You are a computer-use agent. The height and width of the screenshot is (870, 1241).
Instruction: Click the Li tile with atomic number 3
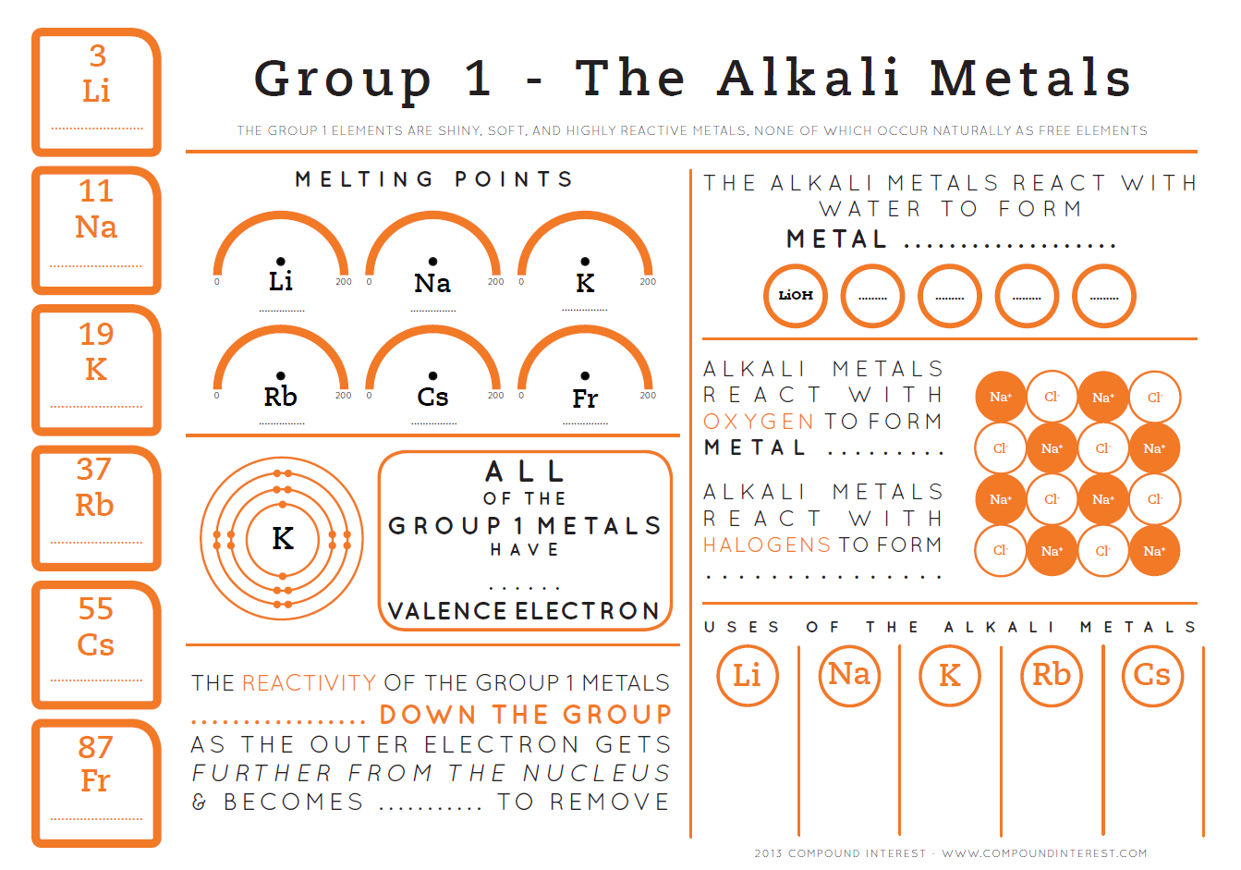(96, 92)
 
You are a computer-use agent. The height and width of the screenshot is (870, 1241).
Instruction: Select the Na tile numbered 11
(96, 229)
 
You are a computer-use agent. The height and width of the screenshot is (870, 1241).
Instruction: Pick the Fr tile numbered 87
(96, 782)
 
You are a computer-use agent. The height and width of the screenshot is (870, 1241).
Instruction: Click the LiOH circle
(796, 296)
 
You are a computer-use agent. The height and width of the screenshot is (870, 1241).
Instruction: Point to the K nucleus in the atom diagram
(283, 538)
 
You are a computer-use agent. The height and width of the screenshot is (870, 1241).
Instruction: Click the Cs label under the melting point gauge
(432, 398)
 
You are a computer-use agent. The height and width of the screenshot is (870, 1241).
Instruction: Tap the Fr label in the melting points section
(585, 398)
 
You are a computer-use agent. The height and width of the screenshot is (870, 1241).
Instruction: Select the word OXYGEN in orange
(759, 422)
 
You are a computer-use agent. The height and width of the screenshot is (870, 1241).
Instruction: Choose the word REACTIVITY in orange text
(309, 683)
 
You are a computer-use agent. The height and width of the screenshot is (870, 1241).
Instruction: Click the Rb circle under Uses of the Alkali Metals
(1051, 675)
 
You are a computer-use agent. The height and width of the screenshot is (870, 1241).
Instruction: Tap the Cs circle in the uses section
(1151, 675)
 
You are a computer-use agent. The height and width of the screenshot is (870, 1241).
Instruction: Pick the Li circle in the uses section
(747, 675)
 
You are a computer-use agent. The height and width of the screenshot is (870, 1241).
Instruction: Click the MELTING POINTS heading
(434, 179)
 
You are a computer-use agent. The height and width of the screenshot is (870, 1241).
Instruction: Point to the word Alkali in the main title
(809, 78)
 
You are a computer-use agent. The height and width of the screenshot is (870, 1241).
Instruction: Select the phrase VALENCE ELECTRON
(524, 611)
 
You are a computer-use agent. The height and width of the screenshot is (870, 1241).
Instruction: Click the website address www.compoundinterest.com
(1044, 853)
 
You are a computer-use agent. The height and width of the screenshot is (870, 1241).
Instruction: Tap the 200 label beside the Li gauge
(343, 282)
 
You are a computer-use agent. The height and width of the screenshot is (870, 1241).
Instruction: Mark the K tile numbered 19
(96, 368)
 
